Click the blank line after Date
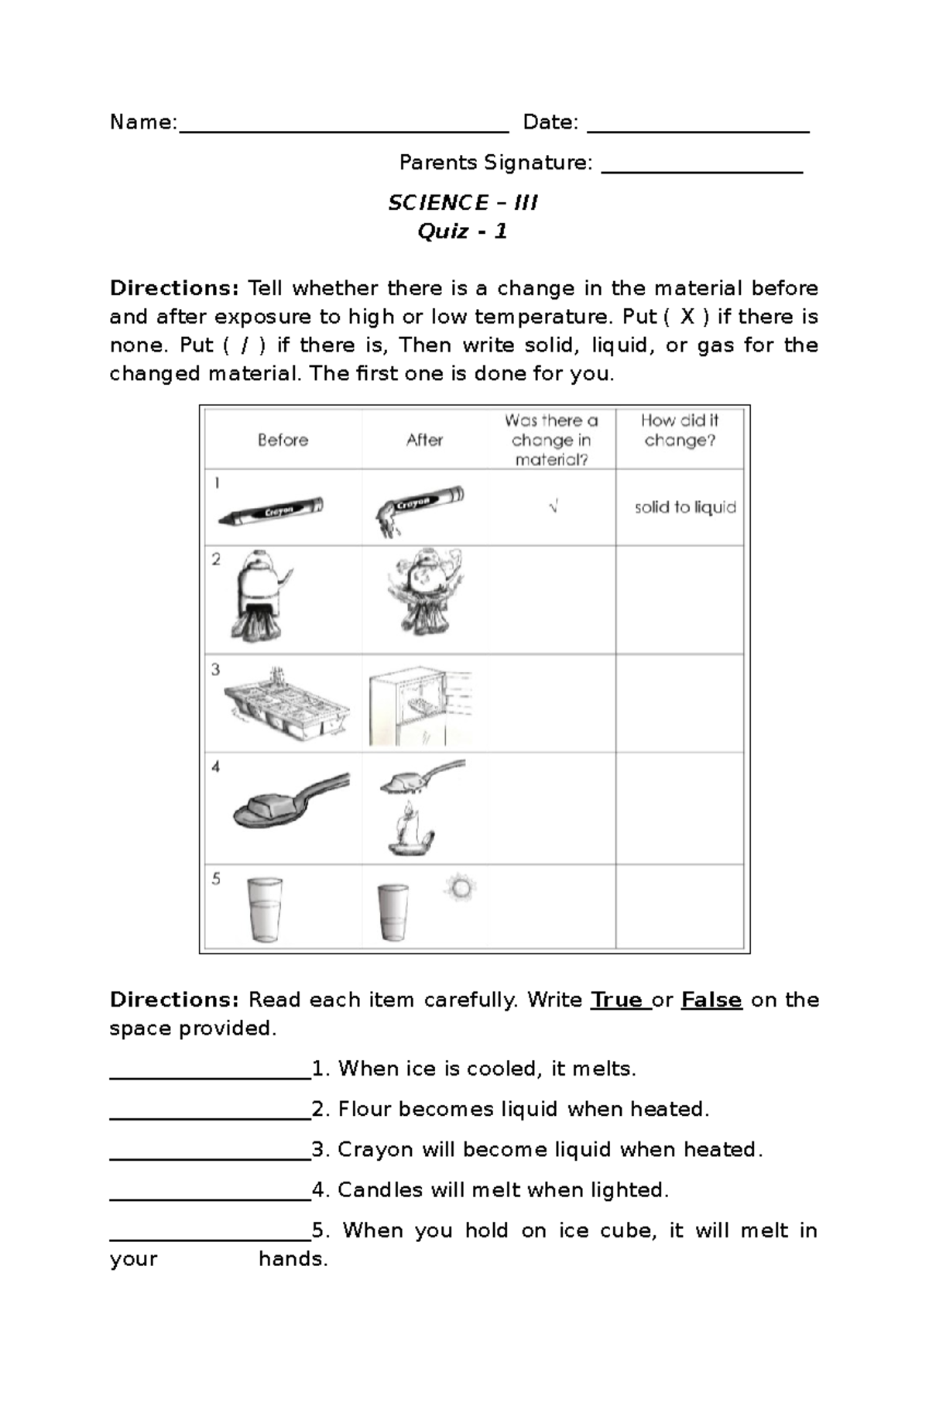pyautogui.click(x=698, y=130)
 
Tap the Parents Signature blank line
pyautogui.click(x=701, y=170)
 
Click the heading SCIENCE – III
pyautogui.click(x=462, y=203)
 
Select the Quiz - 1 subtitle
pyautogui.click(x=462, y=232)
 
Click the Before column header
pyautogui.click(x=283, y=440)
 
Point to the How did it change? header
pyautogui.click(x=679, y=431)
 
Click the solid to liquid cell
pyautogui.click(x=685, y=507)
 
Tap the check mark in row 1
pyautogui.click(x=553, y=507)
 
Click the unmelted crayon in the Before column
pyautogui.click(x=271, y=511)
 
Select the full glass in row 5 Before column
pyautogui.click(x=264, y=909)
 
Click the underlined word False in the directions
pyautogui.click(x=711, y=1000)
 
